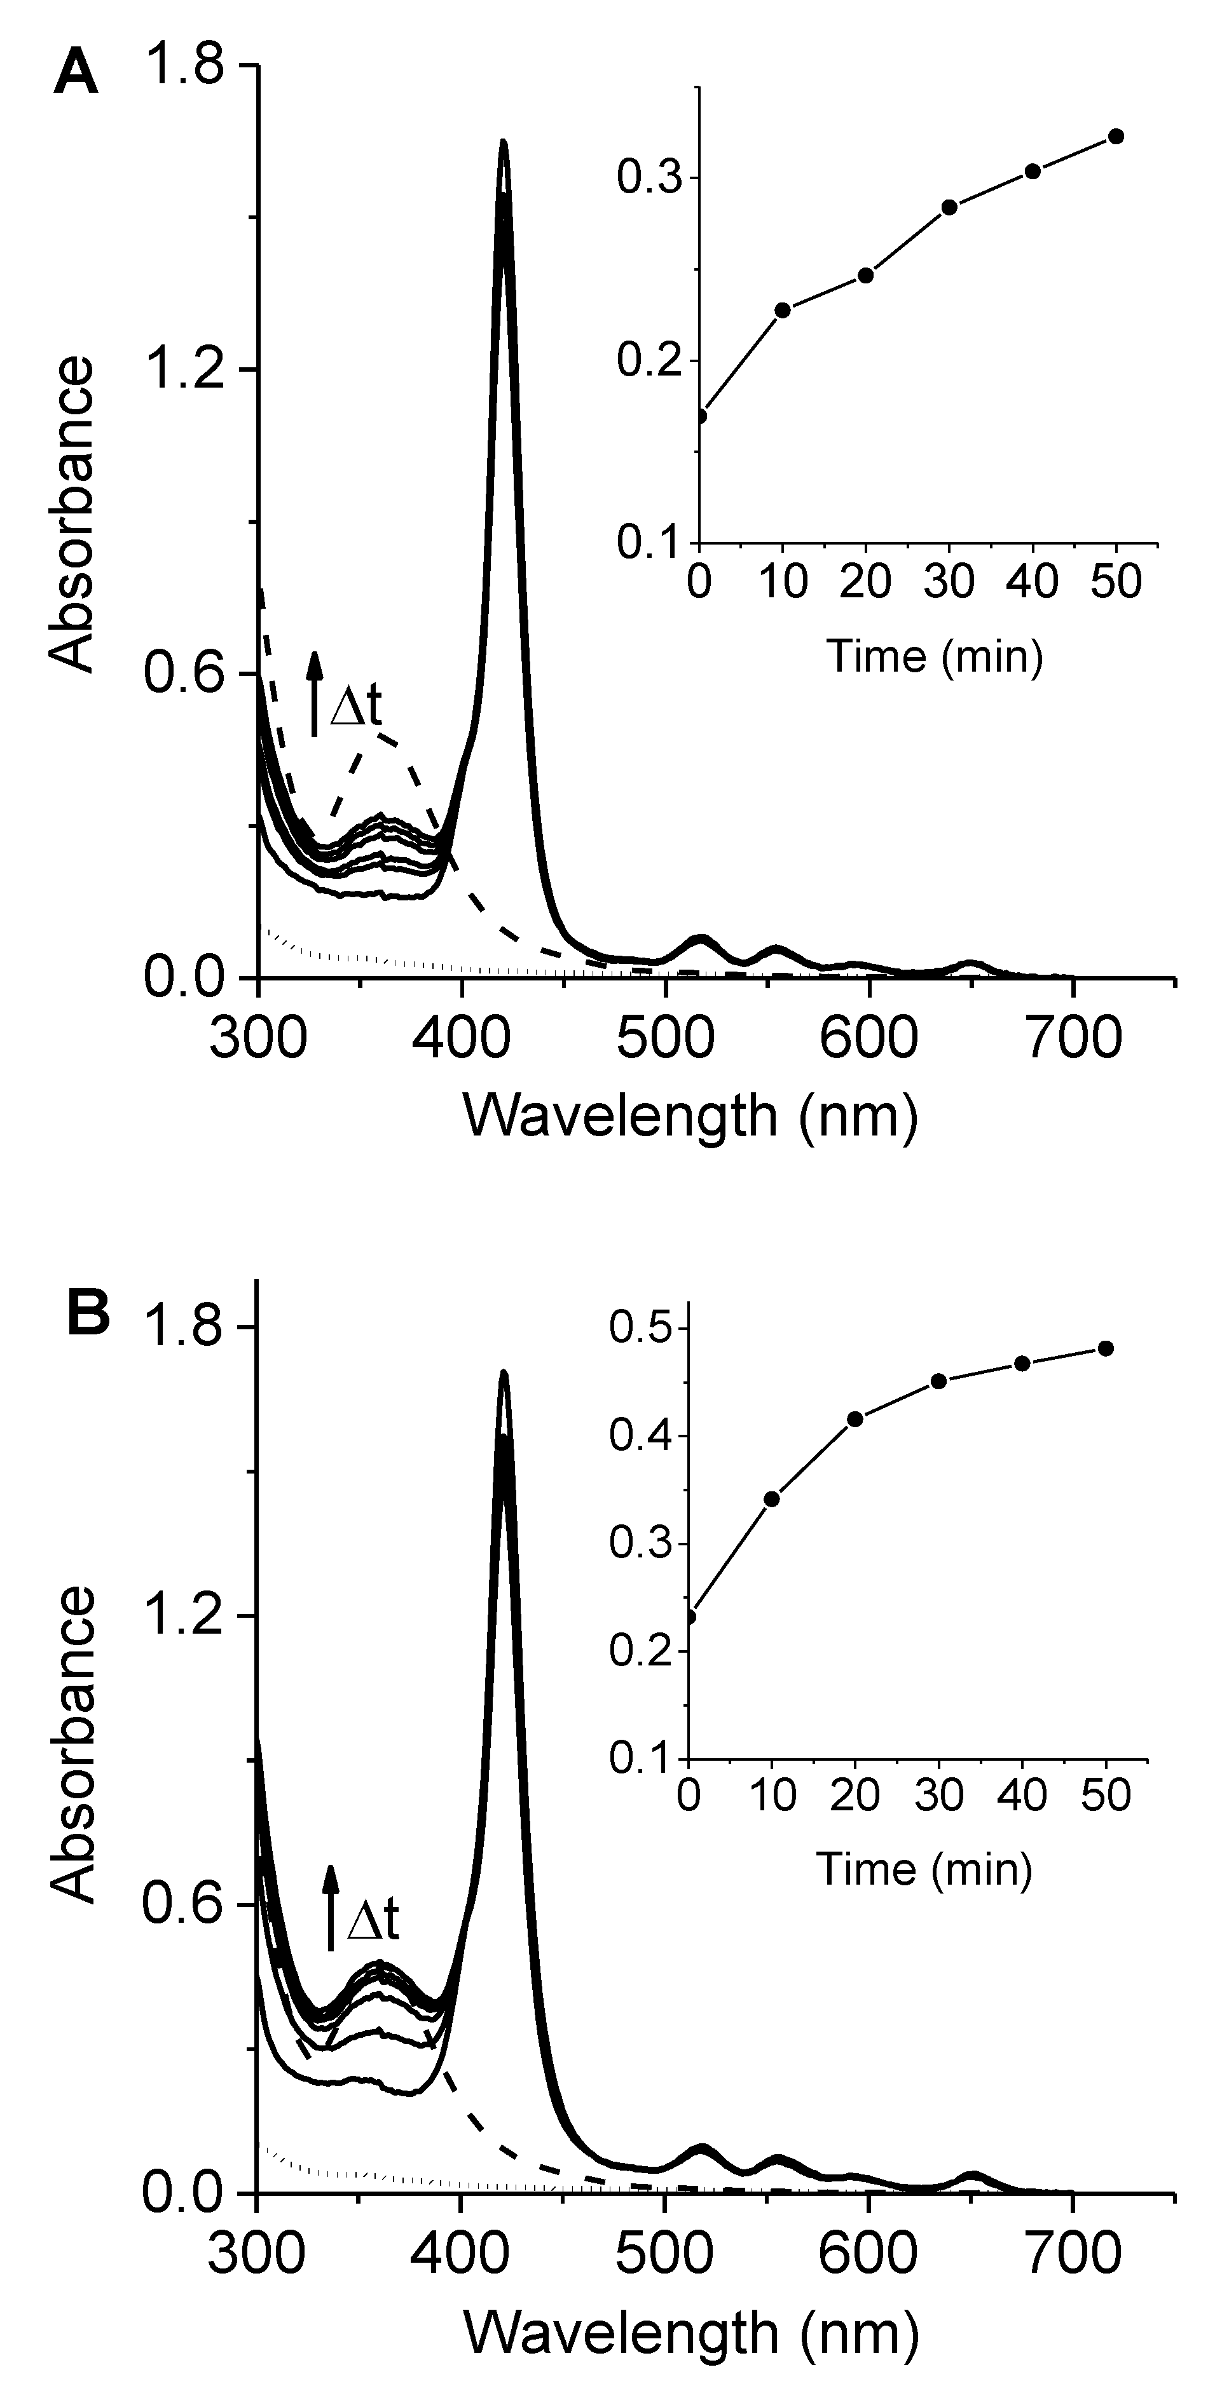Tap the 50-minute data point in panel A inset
[x=1115, y=136]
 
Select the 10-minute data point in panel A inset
[x=782, y=309]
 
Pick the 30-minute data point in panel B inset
[x=938, y=1381]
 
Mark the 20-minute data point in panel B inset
[x=855, y=1419]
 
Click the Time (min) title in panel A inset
[x=934, y=656]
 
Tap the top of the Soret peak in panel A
[x=503, y=142]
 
